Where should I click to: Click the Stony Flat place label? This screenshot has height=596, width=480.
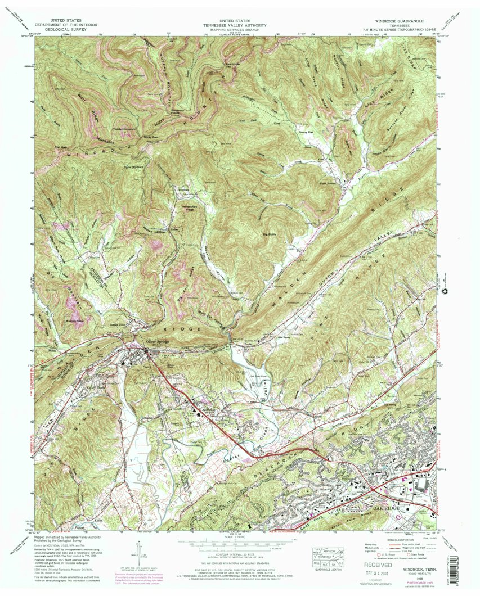pyautogui.click(x=305, y=133)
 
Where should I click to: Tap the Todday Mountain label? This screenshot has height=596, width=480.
pyautogui.click(x=125, y=129)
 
